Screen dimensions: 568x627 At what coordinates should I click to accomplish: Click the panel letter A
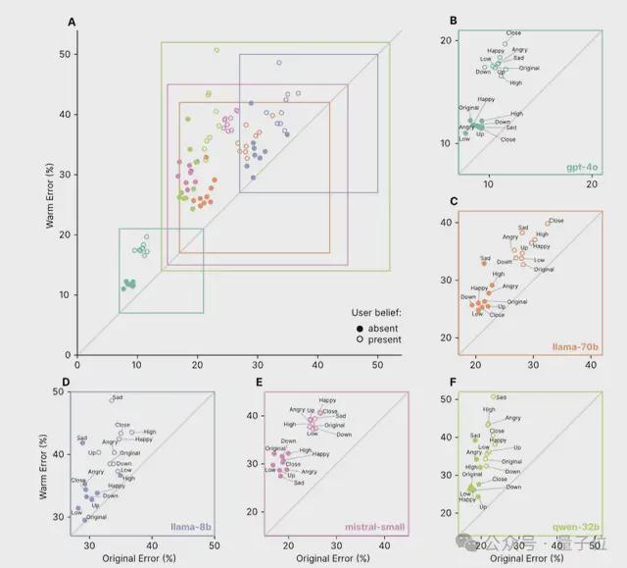point(72,21)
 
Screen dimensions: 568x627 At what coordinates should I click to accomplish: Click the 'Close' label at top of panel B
point(513,33)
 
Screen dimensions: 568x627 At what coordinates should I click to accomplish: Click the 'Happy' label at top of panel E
point(327,400)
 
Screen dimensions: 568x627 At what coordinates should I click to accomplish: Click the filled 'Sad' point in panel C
point(484,263)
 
